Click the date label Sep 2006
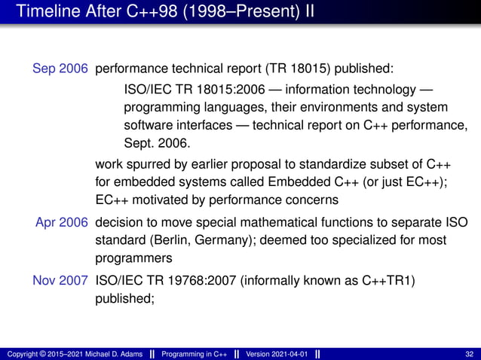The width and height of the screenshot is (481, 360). [x=60, y=69]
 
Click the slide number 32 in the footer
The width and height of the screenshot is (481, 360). [x=470, y=354]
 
